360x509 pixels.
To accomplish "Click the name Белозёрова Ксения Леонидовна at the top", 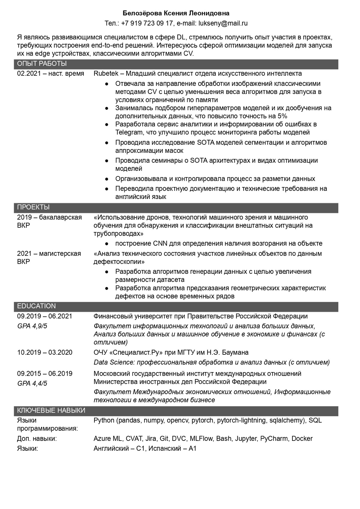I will click(x=176, y=13).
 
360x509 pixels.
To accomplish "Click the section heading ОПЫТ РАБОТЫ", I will click(x=42, y=64).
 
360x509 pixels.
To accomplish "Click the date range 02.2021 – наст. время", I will click(x=50, y=74).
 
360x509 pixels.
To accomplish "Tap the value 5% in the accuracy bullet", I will click(x=282, y=116).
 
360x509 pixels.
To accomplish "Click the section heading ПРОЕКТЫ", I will click(x=33, y=207).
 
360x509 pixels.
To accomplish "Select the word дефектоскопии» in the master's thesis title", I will click(x=119, y=262).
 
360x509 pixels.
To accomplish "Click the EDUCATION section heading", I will click(x=36, y=306).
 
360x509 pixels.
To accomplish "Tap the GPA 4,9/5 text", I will click(x=32, y=326).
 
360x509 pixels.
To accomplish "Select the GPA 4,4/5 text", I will click(x=32, y=383).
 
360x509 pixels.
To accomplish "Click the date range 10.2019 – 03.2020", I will click(x=45, y=352).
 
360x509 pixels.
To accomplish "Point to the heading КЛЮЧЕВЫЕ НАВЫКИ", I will click(x=51, y=411).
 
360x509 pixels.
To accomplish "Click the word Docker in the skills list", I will click(x=302, y=438).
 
